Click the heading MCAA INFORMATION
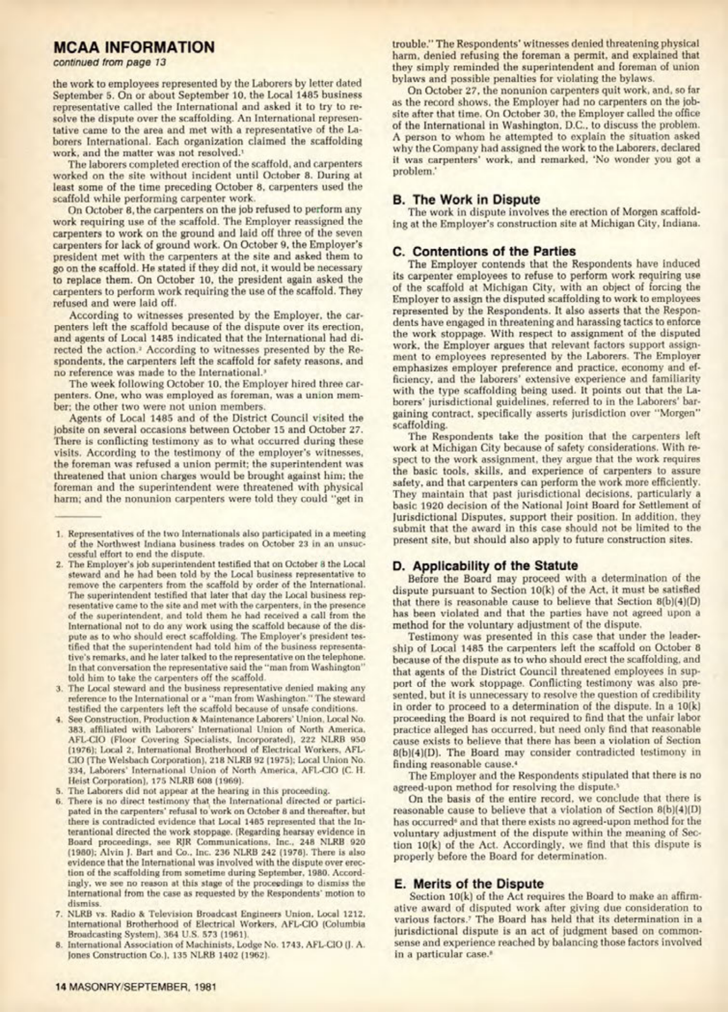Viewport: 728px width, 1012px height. [x=134, y=47]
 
